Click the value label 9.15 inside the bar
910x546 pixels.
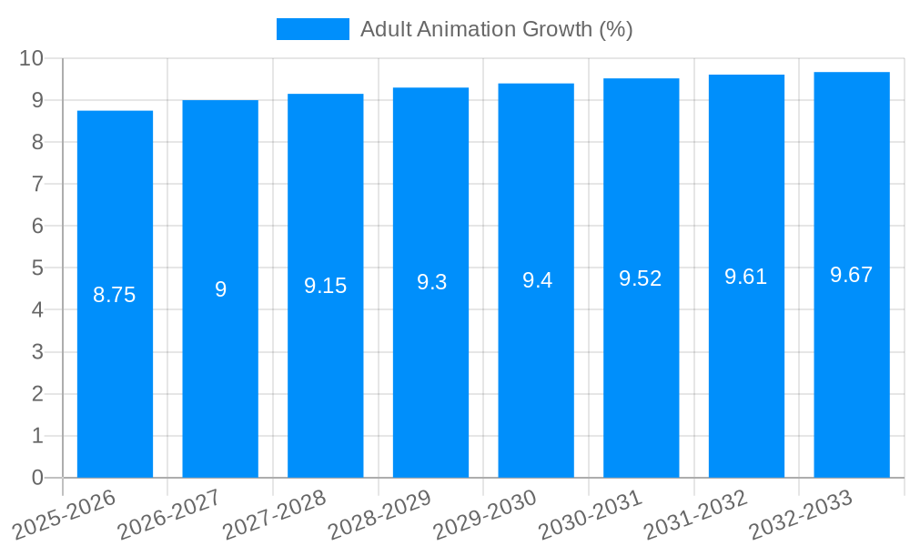[326, 286]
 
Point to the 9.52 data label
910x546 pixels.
[641, 278]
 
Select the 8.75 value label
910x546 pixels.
[115, 295]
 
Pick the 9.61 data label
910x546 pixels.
[746, 277]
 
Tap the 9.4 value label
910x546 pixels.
[537, 280]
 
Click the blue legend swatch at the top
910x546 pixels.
[312, 29]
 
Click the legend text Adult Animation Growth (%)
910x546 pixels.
[496, 29]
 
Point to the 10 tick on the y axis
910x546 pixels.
[32, 58]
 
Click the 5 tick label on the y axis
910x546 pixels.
[37, 268]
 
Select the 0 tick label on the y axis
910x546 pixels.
[37, 478]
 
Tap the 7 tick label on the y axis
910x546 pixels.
[37, 184]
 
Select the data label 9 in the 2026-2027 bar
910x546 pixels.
[220, 289]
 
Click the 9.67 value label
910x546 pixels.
[852, 275]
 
